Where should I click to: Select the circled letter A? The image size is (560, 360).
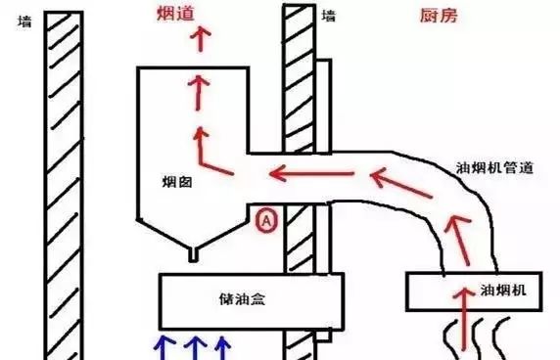(267, 222)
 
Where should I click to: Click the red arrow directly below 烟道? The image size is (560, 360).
(202, 40)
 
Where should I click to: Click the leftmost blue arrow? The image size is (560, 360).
(163, 347)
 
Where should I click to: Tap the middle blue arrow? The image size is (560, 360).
(194, 347)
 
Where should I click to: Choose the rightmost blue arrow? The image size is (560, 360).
(224, 347)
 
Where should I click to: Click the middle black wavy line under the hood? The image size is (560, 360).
(477, 337)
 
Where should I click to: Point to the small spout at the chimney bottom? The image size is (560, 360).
(194, 253)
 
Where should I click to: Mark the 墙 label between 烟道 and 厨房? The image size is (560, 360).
(330, 16)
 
